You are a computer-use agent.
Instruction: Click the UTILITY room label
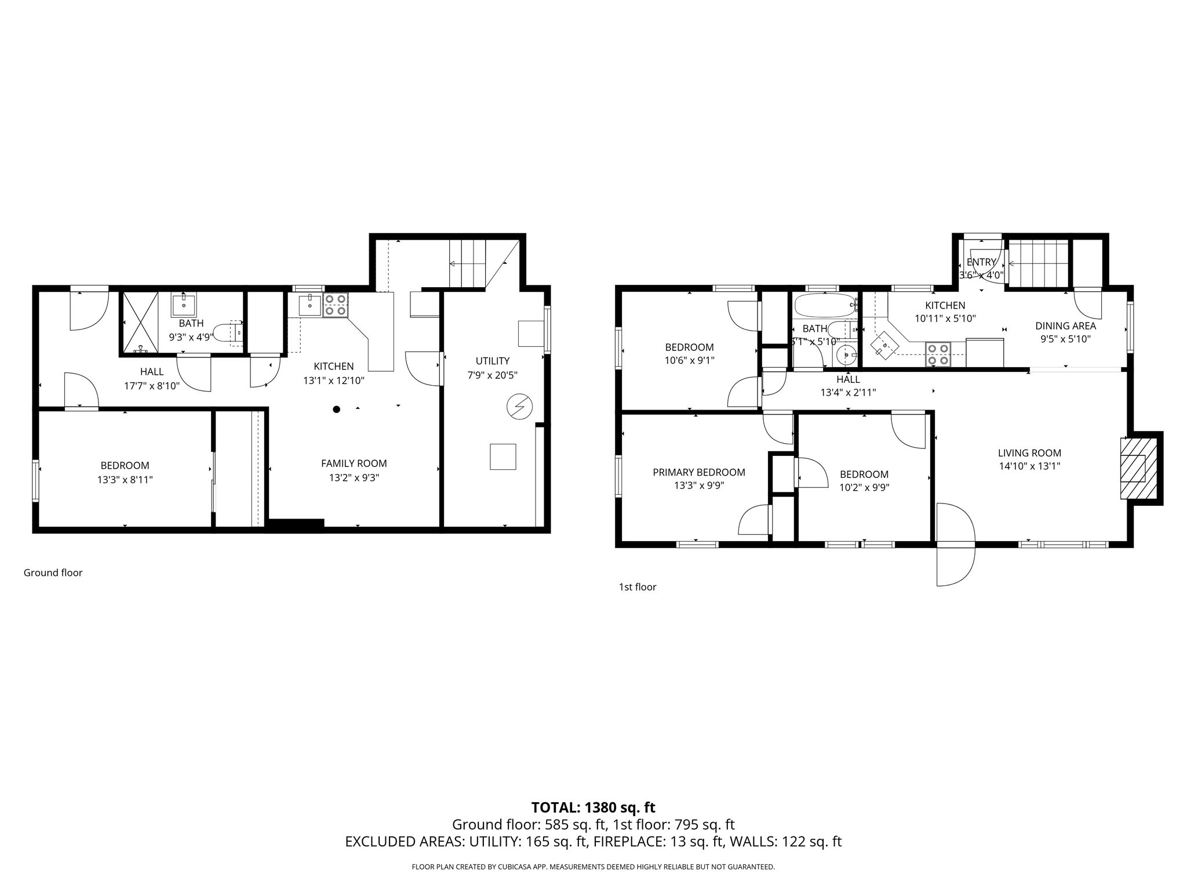pos(492,361)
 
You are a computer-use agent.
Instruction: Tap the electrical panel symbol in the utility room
pos(519,407)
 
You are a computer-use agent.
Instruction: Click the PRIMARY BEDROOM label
pos(698,472)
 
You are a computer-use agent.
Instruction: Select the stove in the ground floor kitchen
pos(335,305)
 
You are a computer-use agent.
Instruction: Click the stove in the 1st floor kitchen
pos(937,354)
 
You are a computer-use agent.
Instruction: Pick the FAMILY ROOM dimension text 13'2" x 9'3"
pos(354,478)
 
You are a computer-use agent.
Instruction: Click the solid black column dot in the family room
pos(336,410)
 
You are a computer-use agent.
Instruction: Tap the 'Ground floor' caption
pos(53,573)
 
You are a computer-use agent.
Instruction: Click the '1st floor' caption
pos(637,587)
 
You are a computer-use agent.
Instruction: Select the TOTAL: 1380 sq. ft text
pos(593,807)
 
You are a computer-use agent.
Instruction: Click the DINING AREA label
pos(1065,326)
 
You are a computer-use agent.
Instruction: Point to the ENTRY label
pos(981,262)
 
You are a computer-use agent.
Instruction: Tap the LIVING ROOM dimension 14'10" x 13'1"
pos(1029,465)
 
